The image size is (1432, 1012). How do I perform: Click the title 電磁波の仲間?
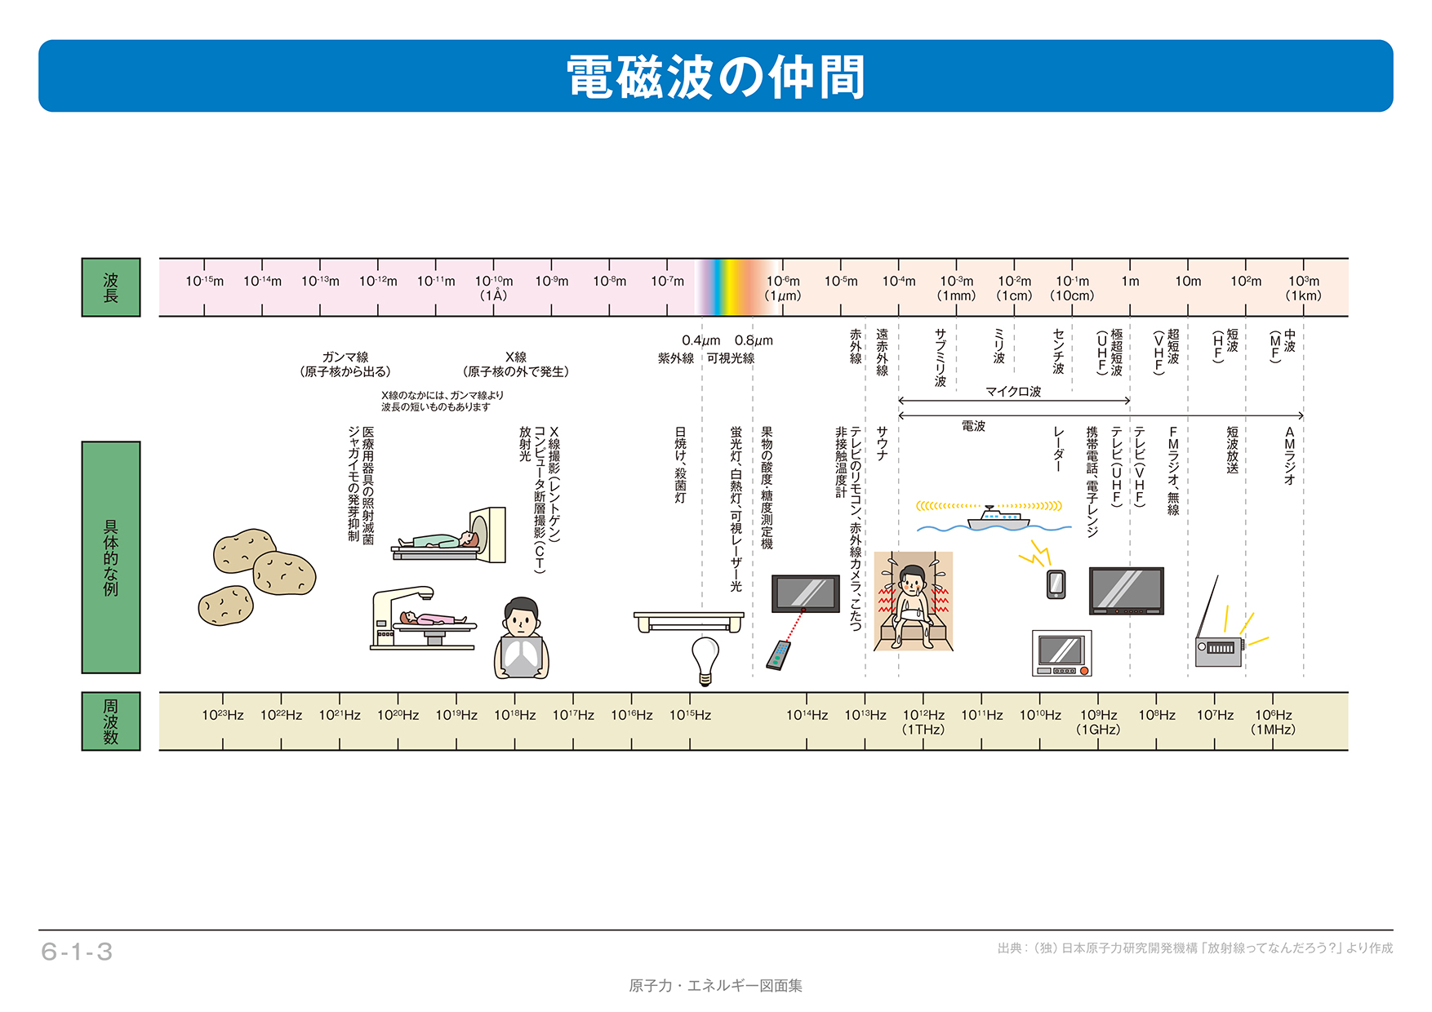point(715,77)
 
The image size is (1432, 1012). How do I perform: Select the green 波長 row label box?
point(111,287)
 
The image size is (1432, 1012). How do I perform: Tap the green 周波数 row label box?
point(111,721)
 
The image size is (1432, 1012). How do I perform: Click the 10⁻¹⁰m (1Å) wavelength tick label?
point(493,288)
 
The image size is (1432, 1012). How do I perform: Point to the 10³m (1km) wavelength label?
point(1303,288)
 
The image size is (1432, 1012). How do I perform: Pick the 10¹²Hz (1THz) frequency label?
point(923,721)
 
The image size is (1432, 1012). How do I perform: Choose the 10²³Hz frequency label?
point(223,715)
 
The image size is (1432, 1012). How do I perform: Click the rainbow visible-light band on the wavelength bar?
point(732,287)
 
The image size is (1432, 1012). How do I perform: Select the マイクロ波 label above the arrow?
point(1013,391)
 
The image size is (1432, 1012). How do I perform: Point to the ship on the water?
point(997,518)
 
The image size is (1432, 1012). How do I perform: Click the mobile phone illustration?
point(1056,584)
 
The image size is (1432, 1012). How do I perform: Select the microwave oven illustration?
point(1061,653)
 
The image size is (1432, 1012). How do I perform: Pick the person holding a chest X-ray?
point(521,641)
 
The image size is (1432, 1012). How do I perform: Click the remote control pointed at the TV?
point(779,655)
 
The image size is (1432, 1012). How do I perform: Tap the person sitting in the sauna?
point(913,604)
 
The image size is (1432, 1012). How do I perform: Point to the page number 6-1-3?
point(77,952)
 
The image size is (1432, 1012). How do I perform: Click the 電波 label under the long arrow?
point(973,426)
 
